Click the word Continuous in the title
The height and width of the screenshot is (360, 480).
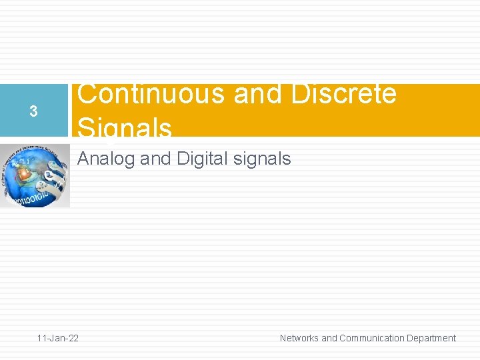point(151,95)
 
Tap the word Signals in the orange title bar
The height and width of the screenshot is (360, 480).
point(125,127)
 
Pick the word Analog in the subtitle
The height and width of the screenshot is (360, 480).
point(107,159)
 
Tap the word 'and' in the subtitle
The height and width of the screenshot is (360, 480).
point(155,159)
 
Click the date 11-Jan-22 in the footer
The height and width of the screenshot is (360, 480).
point(57,338)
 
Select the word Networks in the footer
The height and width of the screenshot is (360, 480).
point(299,338)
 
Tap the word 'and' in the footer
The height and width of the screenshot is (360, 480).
point(329,338)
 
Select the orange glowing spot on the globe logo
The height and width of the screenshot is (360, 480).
point(24,173)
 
